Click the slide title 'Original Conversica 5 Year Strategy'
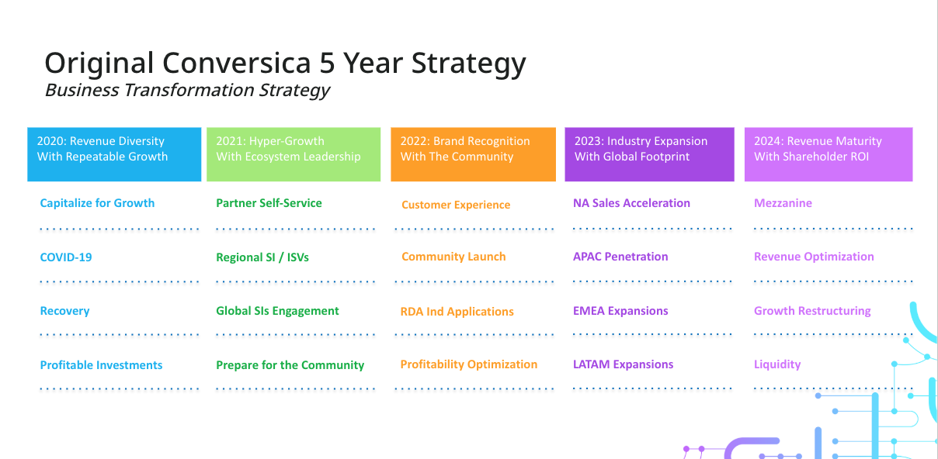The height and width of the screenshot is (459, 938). (x=285, y=64)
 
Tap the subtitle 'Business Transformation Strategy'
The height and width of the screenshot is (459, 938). (x=187, y=90)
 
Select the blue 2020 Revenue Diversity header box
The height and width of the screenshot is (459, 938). (x=114, y=154)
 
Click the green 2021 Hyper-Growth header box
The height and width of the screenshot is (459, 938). (x=294, y=154)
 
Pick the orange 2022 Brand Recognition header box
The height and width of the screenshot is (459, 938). (x=473, y=154)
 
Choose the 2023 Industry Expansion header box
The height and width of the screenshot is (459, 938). (x=649, y=154)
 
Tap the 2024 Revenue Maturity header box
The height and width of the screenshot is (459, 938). (x=829, y=154)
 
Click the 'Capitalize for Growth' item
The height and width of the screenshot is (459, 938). (x=97, y=203)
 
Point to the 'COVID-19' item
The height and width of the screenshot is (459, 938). (x=66, y=257)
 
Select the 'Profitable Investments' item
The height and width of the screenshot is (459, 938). (x=101, y=365)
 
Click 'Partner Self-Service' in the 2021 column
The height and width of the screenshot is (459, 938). (x=269, y=203)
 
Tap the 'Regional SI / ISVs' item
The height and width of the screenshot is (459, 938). (x=262, y=257)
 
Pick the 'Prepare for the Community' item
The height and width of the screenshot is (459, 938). (x=290, y=365)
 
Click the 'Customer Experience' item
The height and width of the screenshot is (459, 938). (x=456, y=205)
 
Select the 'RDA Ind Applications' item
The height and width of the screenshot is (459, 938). (x=457, y=312)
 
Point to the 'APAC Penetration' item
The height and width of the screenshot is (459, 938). (x=620, y=257)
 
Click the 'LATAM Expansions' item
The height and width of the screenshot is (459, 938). (x=623, y=364)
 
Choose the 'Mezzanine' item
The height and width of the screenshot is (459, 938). (x=783, y=203)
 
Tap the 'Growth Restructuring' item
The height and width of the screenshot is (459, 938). (x=812, y=311)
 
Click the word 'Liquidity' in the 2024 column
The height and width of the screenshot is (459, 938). (x=777, y=364)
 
